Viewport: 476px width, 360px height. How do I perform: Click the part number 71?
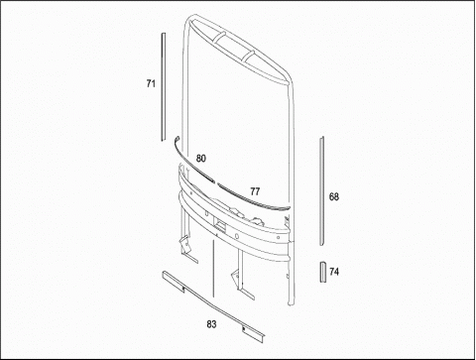tap(151, 83)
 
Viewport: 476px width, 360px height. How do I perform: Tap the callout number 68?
tap(334, 197)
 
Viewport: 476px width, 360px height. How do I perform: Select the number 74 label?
tap(334, 272)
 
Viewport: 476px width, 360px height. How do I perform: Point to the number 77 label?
tap(255, 191)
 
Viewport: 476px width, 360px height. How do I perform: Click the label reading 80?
tap(200, 159)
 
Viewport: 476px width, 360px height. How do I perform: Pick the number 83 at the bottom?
tap(211, 324)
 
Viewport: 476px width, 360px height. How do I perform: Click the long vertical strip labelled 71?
tap(163, 87)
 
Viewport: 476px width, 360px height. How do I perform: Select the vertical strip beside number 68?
tap(321, 190)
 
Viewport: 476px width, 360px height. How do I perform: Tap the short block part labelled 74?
tap(322, 272)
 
